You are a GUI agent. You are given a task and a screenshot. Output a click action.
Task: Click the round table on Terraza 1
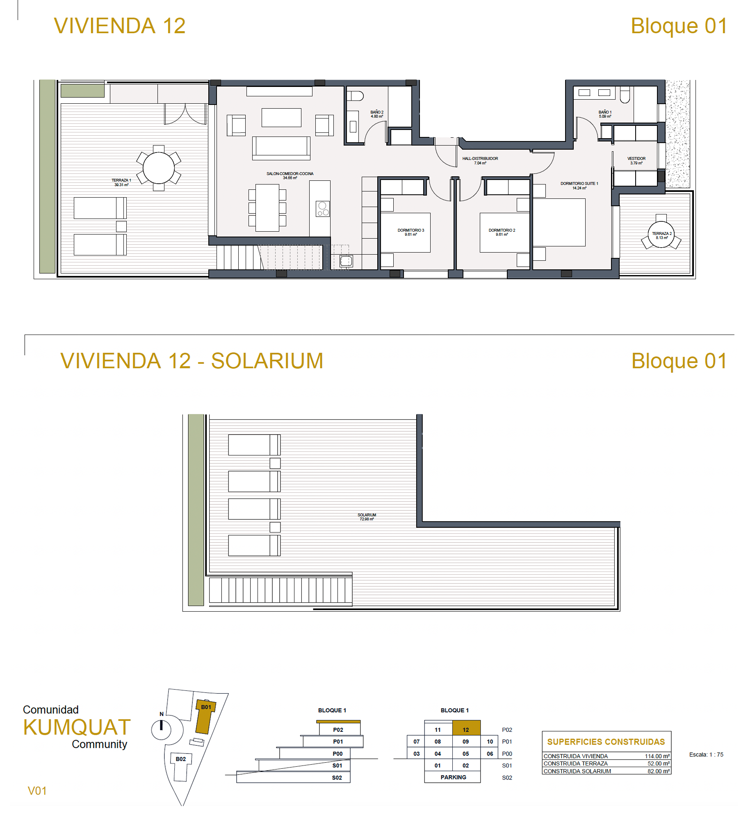tap(158, 168)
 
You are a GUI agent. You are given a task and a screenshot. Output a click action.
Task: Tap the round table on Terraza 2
tap(661, 235)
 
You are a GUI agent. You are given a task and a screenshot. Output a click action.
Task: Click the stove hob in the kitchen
tap(323, 209)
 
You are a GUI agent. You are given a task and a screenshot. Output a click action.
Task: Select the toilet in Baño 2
tap(355, 96)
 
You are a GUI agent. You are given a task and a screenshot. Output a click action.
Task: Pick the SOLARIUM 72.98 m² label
tap(366, 517)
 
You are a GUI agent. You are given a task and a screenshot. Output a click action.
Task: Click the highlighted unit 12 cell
tap(466, 728)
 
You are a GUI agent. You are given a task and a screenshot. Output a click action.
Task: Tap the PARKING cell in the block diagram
tap(453, 777)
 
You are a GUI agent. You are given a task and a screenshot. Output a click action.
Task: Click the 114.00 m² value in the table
tap(657, 756)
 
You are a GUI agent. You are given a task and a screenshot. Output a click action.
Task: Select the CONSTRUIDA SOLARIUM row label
tap(577, 771)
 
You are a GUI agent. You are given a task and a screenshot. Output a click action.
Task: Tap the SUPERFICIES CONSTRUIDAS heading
tap(606, 742)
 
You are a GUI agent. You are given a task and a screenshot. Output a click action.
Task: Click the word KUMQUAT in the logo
tap(77, 727)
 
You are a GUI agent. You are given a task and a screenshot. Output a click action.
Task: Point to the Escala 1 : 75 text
tap(706, 754)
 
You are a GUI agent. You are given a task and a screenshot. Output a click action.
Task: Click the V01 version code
tap(37, 791)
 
